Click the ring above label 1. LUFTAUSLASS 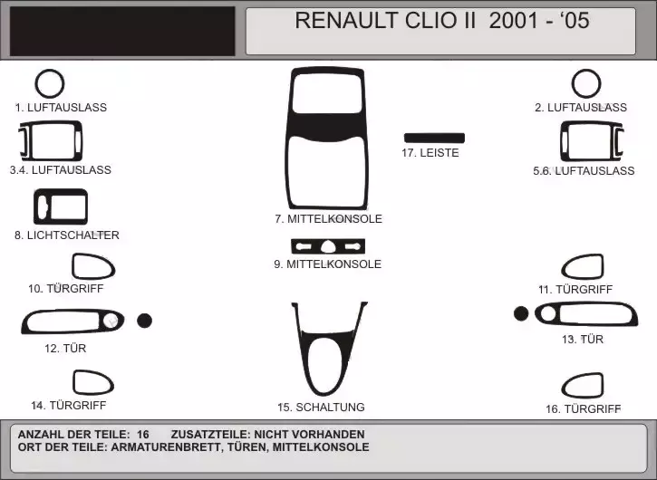click(x=36, y=83)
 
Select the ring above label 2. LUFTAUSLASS click(x=574, y=83)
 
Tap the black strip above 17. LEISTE click(x=434, y=139)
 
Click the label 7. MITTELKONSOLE click(x=328, y=218)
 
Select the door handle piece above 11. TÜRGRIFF click(x=602, y=266)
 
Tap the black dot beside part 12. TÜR click(x=145, y=321)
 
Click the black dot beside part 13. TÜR click(x=521, y=313)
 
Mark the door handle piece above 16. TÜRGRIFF click(x=602, y=385)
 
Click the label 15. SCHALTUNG click(x=321, y=408)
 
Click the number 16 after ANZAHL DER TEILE click(x=143, y=435)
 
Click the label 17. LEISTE click(x=430, y=153)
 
